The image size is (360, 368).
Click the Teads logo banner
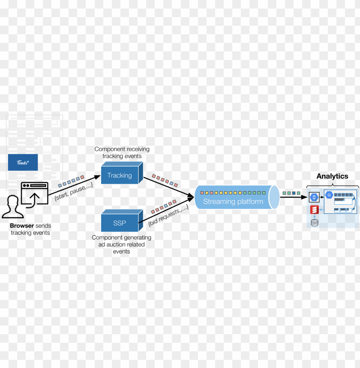pyautogui.click(x=23, y=163)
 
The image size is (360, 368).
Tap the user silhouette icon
pyautogui.click(x=11, y=208)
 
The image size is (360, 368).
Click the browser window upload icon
pyautogui.click(x=34, y=194)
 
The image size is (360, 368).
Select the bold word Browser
pyautogui.click(x=22, y=225)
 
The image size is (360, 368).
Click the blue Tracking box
pyautogui.click(x=120, y=175)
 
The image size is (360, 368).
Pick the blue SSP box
pyautogui.click(x=120, y=223)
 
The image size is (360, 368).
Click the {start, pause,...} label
pyautogui.click(x=73, y=191)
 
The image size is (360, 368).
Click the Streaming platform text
pyautogui.click(x=233, y=201)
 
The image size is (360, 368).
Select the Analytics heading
pyautogui.click(x=332, y=176)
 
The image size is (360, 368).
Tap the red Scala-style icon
pyautogui.click(x=314, y=210)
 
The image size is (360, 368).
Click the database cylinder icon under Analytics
pyautogui.click(x=315, y=223)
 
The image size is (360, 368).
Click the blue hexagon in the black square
pyautogui.click(x=314, y=197)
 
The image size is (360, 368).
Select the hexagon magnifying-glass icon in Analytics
pyautogui.click(x=329, y=195)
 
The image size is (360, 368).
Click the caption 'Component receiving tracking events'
pyautogui.click(x=122, y=153)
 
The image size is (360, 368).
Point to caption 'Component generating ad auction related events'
pyautogui.click(x=121, y=244)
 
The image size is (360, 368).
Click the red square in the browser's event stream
pyautogui.click(x=82, y=176)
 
